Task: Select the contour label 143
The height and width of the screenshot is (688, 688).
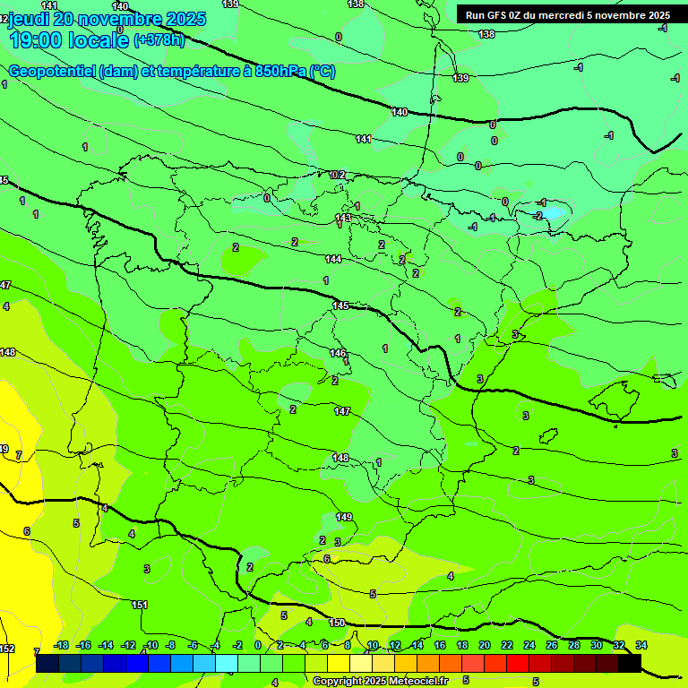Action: coord(343,218)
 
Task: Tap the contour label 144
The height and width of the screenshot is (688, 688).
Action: coord(333,259)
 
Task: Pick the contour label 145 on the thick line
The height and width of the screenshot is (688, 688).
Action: coord(340,306)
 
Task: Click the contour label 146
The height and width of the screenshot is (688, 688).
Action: coord(338,353)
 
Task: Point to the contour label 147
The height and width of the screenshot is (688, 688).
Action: coord(342,411)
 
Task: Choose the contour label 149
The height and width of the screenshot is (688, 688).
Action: coord(344,517)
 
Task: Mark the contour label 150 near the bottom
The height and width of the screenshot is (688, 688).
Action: coord(337,623)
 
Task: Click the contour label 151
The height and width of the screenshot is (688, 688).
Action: coord(140,606)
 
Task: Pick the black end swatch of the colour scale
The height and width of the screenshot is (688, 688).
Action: coord(630,663)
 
